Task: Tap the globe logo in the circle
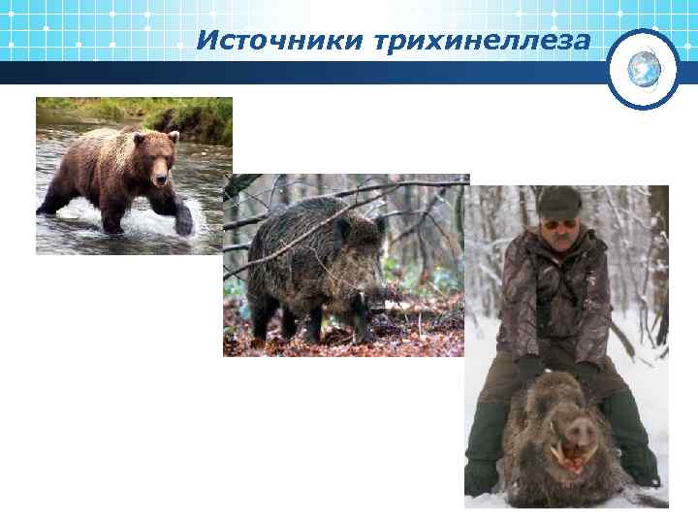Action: [644, 68]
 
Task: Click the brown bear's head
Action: [161, 160]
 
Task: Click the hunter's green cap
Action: [559, 202]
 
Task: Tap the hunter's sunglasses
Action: [561, 223]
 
